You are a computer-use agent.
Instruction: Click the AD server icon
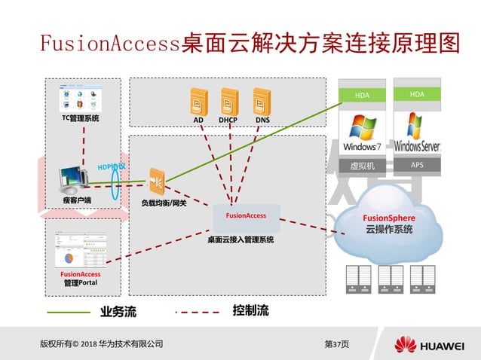(x=198, y=101)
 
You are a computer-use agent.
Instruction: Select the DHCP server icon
(x=229, y=101)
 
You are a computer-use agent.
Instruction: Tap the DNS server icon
(x=262, y=101)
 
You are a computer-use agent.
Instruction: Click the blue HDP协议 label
(x=112, y=166)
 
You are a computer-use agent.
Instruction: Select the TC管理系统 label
(x=80, y=119)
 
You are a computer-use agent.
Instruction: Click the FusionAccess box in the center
(x=246, y=216)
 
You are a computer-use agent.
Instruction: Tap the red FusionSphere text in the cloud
(x=389, y=218)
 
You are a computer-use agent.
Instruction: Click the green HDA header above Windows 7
(x=363, y=95)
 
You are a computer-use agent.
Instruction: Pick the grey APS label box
(x=417, y=165)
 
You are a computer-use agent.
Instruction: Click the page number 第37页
(x=336, y=344)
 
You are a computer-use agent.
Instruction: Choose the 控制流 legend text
(x=250, y=310)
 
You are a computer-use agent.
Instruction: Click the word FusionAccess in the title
(x=109, y=43)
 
